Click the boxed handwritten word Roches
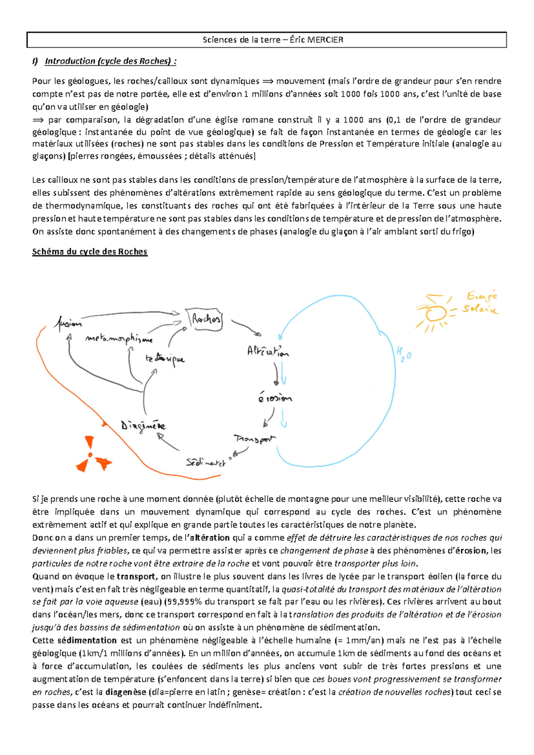[x=206, y=319]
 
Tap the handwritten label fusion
[x=67, y=323]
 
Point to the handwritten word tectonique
[x=165, y=359]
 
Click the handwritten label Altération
[x=268, y=351]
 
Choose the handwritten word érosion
[x=275, y=398]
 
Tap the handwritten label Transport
[x=255, y=439]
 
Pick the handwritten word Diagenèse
[x=143, y=426]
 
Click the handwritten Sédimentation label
[x=206, y=463]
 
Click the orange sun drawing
[x=435, y=313]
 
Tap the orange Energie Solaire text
[x=481, y=302]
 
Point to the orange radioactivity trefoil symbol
[x=93, y=455]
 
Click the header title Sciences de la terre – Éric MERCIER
[x=273, y=40]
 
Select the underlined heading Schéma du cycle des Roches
[x=89, y=252]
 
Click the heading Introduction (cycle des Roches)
[x=110, y=61]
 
